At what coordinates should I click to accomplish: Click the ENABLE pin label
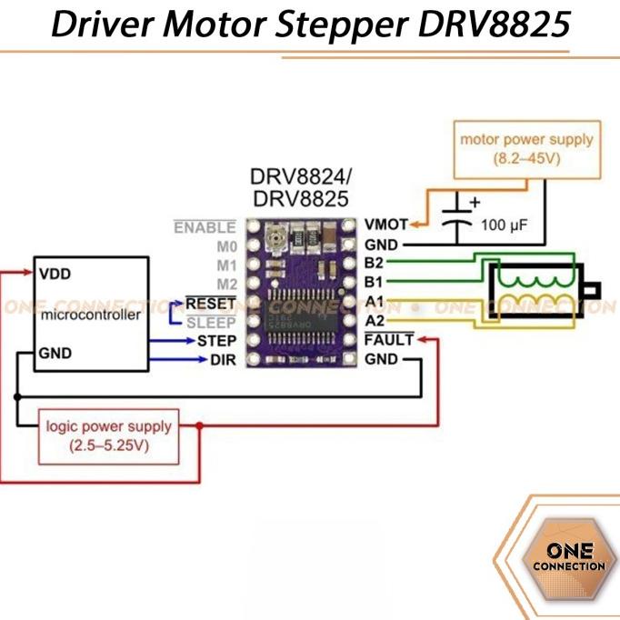(x=205, y=227)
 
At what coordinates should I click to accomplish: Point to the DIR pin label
(x=223, y=360)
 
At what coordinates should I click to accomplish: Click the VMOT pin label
(x=385, y=224)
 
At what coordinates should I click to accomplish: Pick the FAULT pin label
(x=388, y=341)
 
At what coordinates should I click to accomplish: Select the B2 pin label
(x=374, y=264)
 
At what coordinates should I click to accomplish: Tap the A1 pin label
(x=374, y=302)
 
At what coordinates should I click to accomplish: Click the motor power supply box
(x=526, y=149)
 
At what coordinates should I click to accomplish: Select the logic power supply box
(x=108, y=436)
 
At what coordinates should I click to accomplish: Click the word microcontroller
(x=91, y=315)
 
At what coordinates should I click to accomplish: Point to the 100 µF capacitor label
(x=504, y=224)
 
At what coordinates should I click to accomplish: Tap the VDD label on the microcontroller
(x=55, y=273)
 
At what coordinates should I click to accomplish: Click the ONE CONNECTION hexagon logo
(x=570, y=557)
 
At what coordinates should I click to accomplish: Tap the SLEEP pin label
(x=211, y=322)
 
